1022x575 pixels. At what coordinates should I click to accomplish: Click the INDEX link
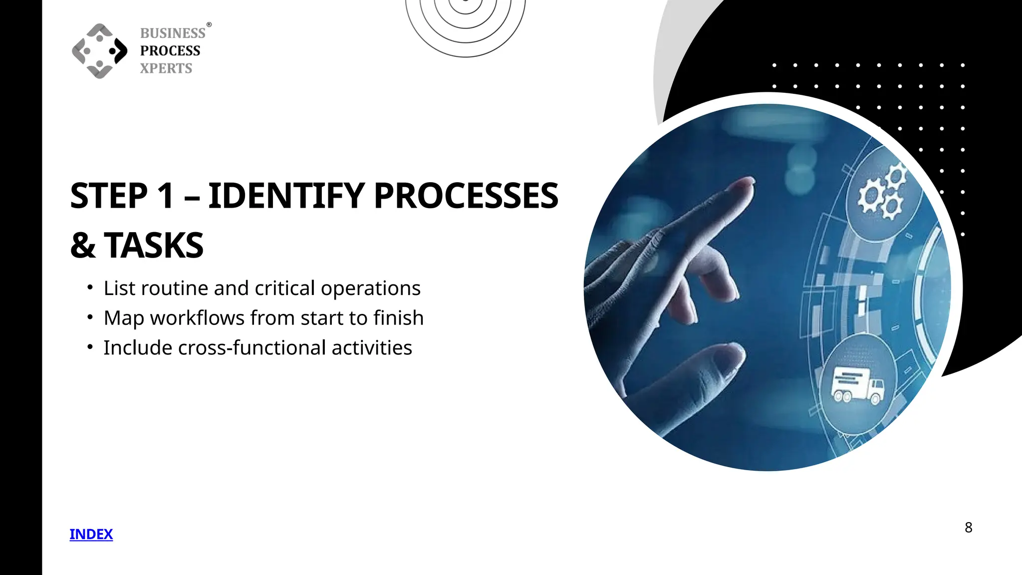(x=91, y=534)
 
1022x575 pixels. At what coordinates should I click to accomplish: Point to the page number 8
(x=968, y=528)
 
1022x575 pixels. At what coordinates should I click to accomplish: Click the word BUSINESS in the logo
(x=173, y=33)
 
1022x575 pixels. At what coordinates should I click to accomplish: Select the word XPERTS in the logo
(x=166, y=68)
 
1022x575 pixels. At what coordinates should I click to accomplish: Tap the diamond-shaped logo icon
(x=99, y=51)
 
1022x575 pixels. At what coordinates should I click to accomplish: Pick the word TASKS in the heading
(x=154, y=246)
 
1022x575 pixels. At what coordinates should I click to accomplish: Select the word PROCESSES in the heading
(x=466, y=196)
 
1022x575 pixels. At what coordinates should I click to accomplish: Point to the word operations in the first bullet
(x=371, y=288)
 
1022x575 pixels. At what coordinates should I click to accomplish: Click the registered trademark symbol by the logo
(x=209, y=24)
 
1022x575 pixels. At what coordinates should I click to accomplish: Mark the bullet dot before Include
(x=90, y=347)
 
